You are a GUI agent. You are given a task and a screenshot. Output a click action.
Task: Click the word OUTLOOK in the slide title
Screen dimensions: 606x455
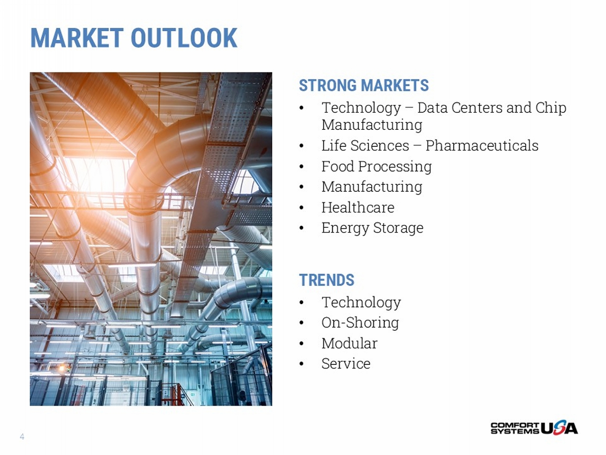pyautogui.click(x=184, y=38)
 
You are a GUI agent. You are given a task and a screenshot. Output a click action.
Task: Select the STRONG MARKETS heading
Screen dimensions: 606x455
pyautogui.click(x=364, y=85)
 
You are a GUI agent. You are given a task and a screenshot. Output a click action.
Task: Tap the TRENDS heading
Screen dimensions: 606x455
pyautogui.click(x=326, y=280)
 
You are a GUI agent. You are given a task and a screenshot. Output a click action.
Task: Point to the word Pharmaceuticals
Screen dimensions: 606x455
pyautogui.click(x=482, y=146)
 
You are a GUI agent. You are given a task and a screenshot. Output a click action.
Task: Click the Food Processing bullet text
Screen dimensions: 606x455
pyautogui.click(x=377, y=167)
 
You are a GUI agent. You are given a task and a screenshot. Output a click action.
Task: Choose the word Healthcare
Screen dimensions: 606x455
pyautogui.click(x=358, y=207)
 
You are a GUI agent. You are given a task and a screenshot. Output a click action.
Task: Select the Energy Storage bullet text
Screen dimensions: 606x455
pyautogui.click(x=372, y=228)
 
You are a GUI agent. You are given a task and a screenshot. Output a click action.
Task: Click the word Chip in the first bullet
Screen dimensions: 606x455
pyautogui.click(x=551, y=108)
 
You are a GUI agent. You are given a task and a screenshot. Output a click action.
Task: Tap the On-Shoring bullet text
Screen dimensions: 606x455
pyautogui.click(x=360, y=323)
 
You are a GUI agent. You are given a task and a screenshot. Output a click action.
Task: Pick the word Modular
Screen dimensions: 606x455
pyautogui.click(x=349, y=343)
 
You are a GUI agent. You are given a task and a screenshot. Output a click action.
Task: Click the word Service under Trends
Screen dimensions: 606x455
pyautogui.click(x=346, y=364)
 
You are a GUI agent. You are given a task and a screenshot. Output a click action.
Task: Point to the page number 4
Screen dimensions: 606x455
pyautogui.click(x=22, y=436)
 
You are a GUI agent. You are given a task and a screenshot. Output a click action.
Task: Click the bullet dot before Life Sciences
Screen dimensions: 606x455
pyautogui.click(x=301, y=146)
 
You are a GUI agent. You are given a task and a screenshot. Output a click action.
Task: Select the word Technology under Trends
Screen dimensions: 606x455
pyautogui.click(x=362, y=302)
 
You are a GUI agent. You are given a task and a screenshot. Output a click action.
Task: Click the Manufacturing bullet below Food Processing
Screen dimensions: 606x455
pyautogui.click(x=372, y=187)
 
